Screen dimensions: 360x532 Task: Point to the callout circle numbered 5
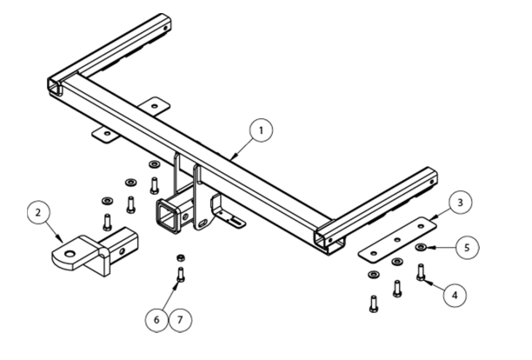tap(467, 248)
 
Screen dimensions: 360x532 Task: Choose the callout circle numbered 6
tap(156, 320)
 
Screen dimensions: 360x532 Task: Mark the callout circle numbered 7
tap(181, 320)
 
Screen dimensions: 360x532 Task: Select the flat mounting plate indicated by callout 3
tap(396, 239)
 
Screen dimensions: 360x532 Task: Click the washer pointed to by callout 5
tap(422, 248)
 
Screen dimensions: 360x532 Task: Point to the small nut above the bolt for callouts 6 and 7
tap(178, 258)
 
